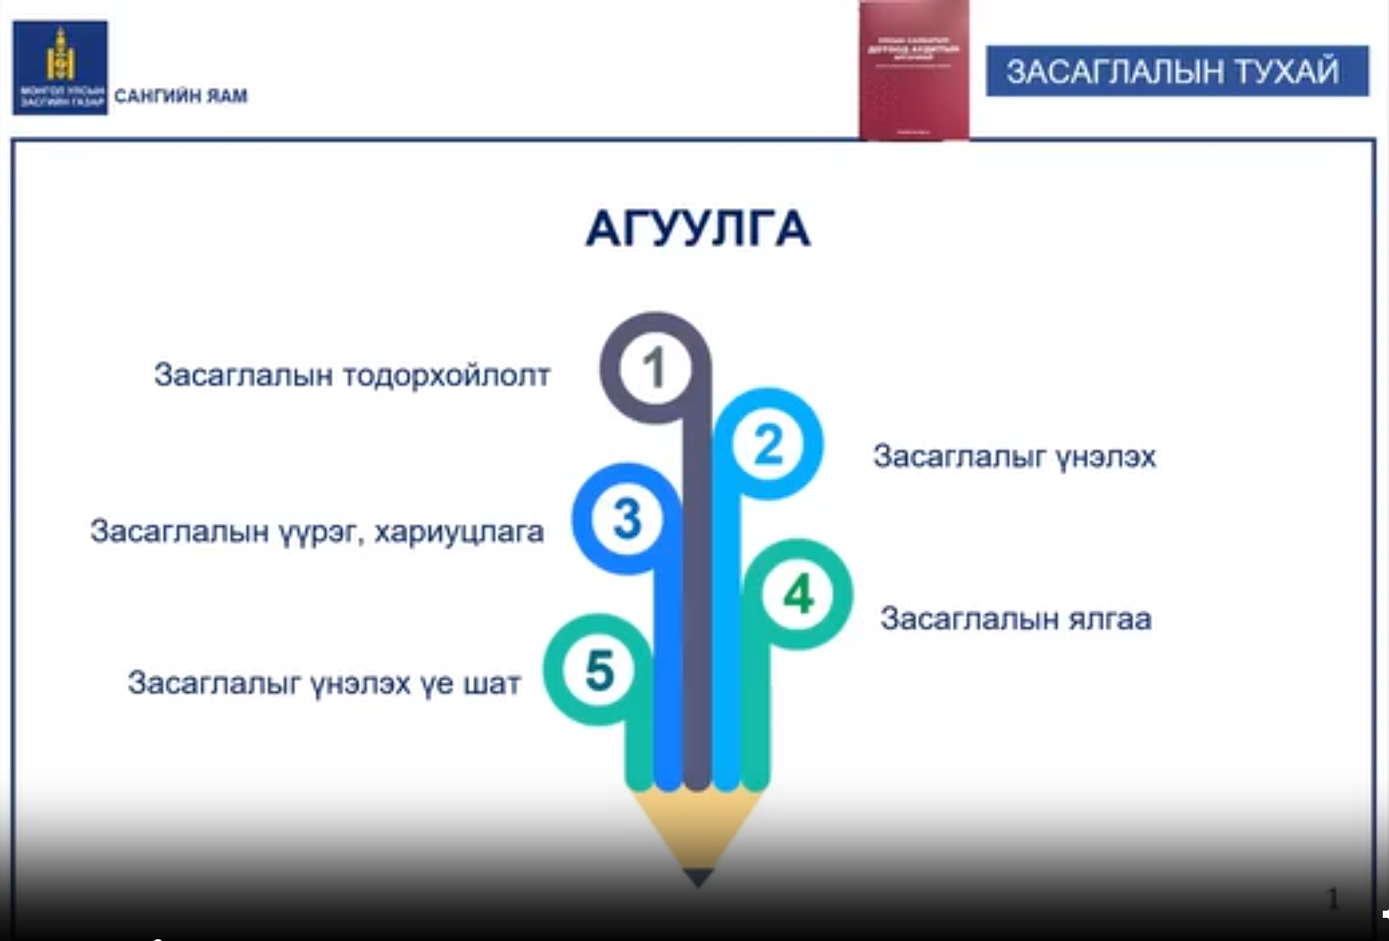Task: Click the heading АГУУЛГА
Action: (697, 229)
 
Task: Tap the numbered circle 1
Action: (654, 368)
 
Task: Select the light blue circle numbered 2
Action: (768, 444)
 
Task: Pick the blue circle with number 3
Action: (627, 519)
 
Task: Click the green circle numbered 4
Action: (798, 595)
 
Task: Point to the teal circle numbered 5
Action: (599, 670)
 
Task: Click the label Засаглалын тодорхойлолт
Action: (352, 375)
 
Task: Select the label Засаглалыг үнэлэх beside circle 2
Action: (1014, 457)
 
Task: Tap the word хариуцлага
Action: (459, 532)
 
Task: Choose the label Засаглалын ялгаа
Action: (1016, 619)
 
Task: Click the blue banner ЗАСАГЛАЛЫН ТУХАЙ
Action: (1176, 71)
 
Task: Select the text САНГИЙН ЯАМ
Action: (180, 96)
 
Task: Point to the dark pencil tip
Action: (698, 877)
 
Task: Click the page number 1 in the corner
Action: (1333, 898)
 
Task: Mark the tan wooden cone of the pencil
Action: (696, 826)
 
